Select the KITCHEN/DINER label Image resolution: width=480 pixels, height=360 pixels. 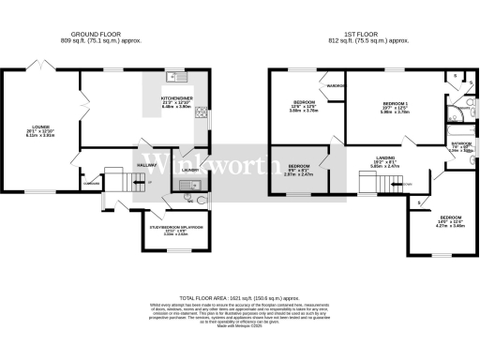point(177,99)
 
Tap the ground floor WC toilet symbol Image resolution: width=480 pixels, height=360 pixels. point(201,200)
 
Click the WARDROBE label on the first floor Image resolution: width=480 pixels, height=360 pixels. point(334,89)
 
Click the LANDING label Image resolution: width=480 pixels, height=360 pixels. point(384,159)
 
